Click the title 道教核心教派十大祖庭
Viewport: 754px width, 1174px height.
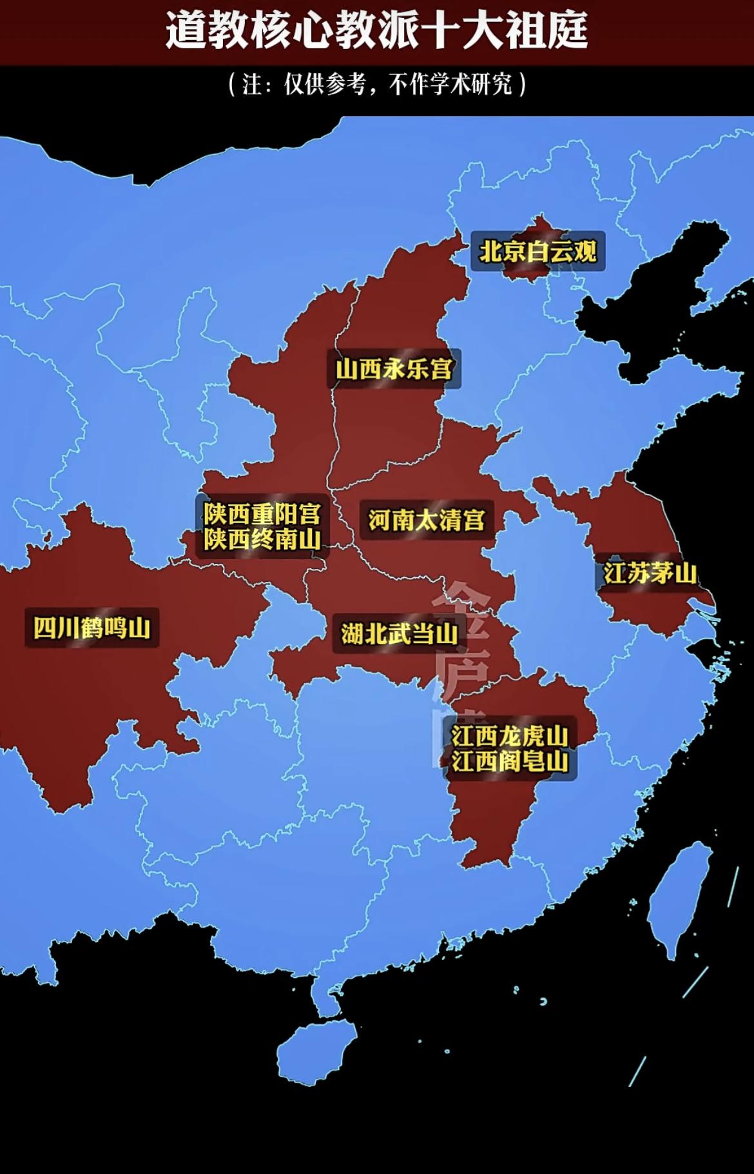(376, 32)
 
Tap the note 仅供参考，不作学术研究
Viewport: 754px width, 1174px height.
(378, 85)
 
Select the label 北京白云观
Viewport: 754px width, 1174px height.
(537, 252)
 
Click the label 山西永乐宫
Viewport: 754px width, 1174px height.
(394, 369)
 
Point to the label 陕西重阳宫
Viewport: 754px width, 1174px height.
(262, 514)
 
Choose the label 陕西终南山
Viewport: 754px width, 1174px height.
(262, 539)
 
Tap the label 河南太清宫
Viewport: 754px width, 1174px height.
(427, 520)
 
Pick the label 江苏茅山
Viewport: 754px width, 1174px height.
(650, 573)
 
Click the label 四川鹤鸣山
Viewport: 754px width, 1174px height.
(92, 628)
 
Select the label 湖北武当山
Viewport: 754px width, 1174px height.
(400, 633)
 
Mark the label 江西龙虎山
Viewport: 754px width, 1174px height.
(509, 736)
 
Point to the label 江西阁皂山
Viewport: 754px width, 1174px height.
(509, 762)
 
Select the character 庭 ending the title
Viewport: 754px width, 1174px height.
(567, 32)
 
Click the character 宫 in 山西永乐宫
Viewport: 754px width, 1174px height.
(442, 369)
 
